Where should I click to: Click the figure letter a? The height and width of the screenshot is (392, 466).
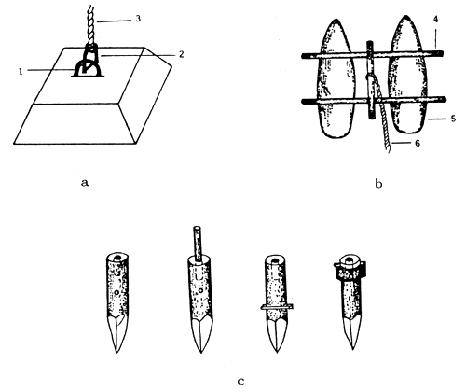pos(85,184)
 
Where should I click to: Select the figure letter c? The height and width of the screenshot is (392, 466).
pos(240,380)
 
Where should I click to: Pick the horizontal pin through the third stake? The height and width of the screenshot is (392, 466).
pos(277,306)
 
